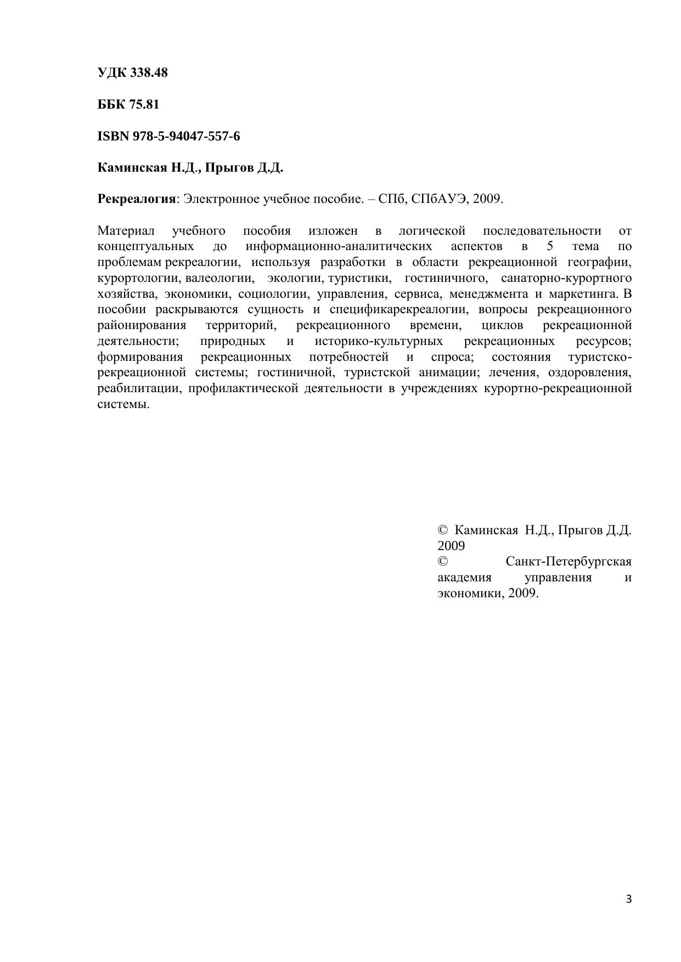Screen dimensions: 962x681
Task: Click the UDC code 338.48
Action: pyautogui.click(x=149, y=72)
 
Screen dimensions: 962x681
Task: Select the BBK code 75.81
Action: pyautogui.click(x=144, y=104)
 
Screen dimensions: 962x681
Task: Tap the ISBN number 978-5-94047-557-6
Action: pyautogui.click(x=186, y=136)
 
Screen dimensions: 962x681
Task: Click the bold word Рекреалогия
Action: pyautogui.click(x=136, y=199)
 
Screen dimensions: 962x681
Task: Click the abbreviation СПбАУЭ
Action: pyautogui.click(x=437, y=199)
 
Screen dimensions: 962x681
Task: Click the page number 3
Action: pyautogui.click(x=629, y=899)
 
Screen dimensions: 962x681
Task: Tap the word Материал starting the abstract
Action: pyautogui.click(x=126, y=231)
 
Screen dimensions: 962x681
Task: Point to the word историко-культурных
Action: pyautogui.click(x=379, y=341)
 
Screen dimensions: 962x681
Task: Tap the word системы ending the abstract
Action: pyautogui.click(x=123, y=405)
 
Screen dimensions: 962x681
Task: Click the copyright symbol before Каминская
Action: pyautogui.click(x=443, y=530)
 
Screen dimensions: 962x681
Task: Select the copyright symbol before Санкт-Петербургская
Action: pyautogui.click(x=443, y=562)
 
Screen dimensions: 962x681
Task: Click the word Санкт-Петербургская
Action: pyautogui.click(x=569, y=562)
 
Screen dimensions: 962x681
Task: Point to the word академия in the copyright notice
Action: pyautogui.click(x=464, y=578)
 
